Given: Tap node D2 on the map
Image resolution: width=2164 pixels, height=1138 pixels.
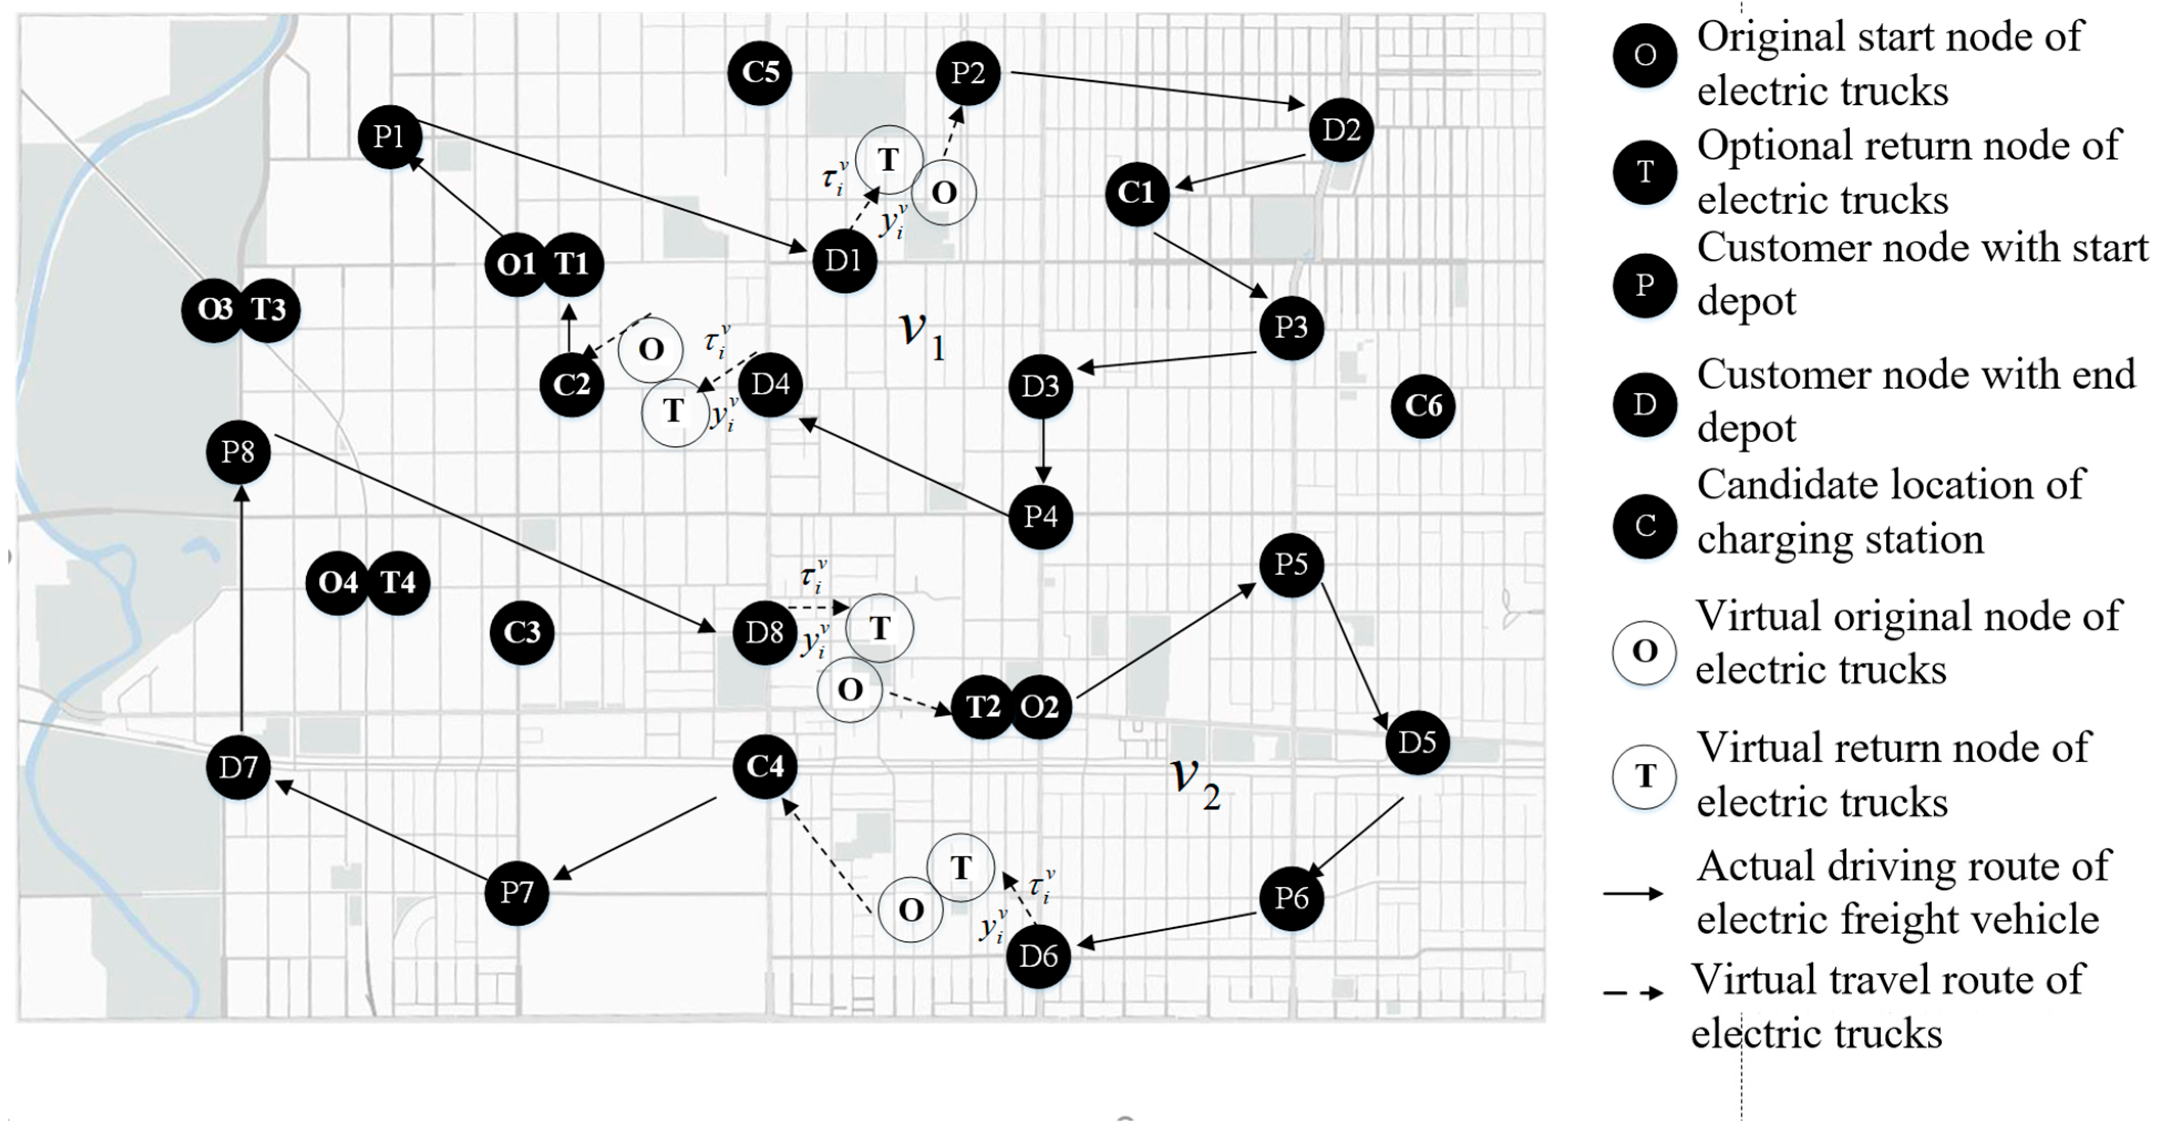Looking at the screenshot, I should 1341,130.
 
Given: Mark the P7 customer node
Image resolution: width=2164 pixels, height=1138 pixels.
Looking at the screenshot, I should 517,893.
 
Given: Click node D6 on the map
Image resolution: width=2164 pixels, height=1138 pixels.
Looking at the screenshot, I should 1038,956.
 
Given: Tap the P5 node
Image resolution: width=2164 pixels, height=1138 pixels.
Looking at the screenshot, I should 1291,564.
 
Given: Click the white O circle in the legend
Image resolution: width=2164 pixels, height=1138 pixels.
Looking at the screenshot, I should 1644,652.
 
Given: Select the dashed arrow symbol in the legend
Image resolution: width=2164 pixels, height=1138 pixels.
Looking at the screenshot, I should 1633,993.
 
